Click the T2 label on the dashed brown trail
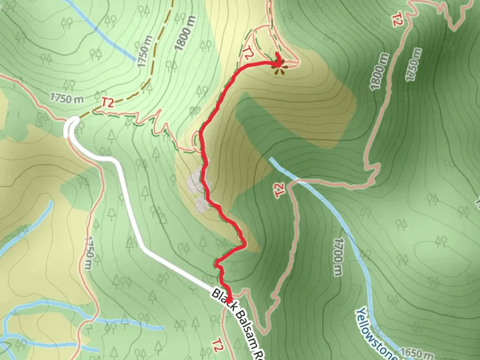point(108,103)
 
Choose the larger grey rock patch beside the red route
point(197,180)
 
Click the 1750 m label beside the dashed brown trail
point(146,52)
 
